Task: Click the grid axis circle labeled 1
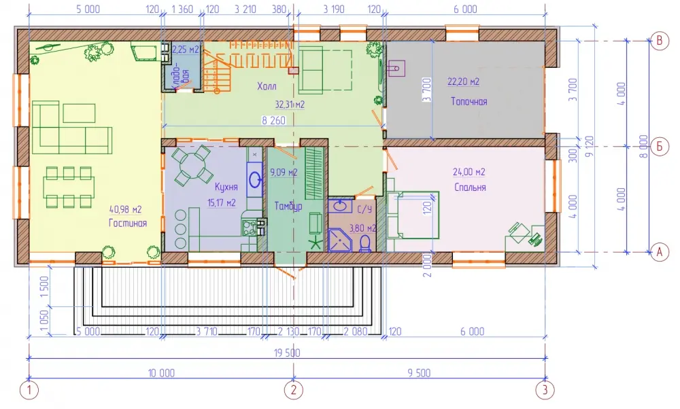tap(29, 390)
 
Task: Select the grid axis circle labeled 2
tap(294, 390)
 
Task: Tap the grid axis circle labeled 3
tap(545, 390)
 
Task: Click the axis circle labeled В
tap(660, 41)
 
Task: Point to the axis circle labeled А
tap(660, 252)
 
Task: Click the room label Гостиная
tap(128, 223)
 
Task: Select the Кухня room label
tap(226, 187)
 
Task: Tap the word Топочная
tap(469, 101)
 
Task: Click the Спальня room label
tap(470, 187)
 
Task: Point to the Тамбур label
tap(288, 207)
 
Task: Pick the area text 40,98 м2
tap(125, 210)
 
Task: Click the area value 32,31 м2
tap(290, 105)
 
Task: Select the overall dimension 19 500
tap(287, 353)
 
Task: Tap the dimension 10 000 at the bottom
tap(161, 373)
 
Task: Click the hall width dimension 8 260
tap(273, 120)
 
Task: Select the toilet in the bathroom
tap(365, 243)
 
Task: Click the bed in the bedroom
tap(413, 215)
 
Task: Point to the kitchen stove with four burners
tap(250, 228)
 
